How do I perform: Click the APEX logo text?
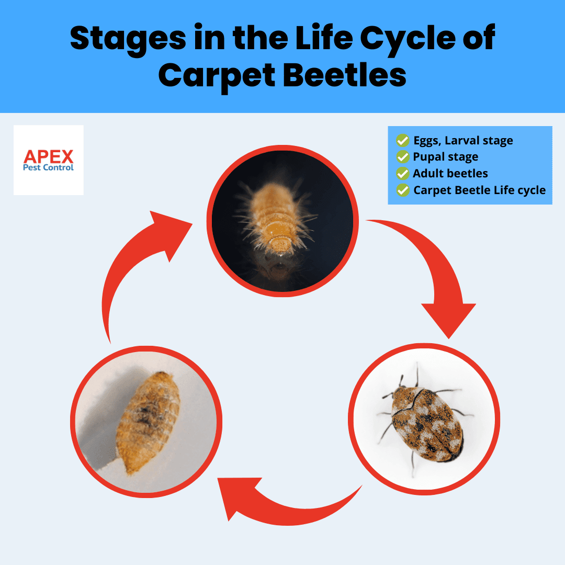(x=49, y=155)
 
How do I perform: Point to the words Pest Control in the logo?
(x=49, y=168)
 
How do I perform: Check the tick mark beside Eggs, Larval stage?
(x=402, y=140)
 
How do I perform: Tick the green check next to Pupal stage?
(x=402, y=156)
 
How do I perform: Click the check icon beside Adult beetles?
(x=402, y=173)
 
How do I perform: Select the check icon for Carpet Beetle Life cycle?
(x=402, y=190)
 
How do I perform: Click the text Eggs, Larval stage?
(x=463, y=140)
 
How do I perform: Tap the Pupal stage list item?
(x=445, y=156)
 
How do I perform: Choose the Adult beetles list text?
(x=450, y=173)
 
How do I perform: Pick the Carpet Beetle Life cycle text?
(x=479, y=190)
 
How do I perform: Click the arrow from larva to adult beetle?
(x=434, y=272)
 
